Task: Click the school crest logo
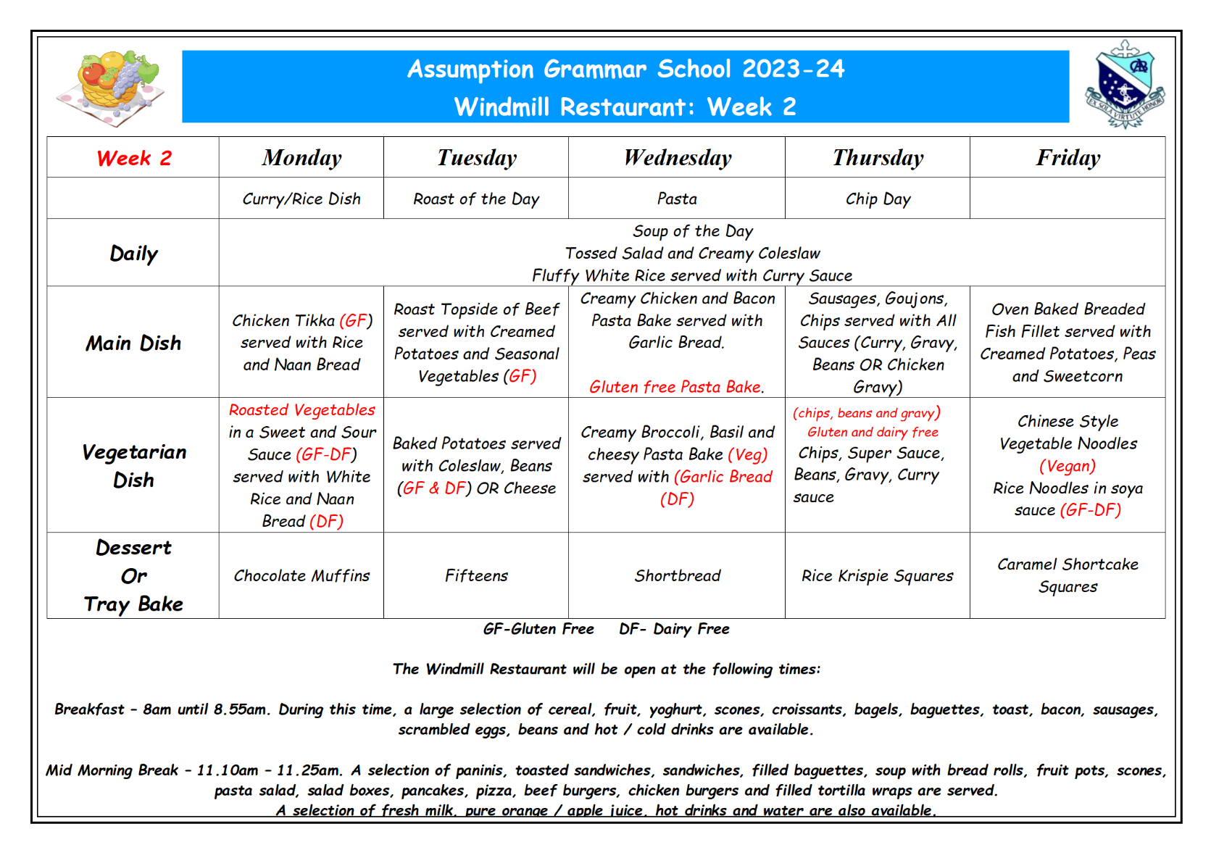point(1124,84)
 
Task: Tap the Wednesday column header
point(678,158)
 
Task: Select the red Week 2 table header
point(134,158)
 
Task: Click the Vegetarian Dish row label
point(134,466)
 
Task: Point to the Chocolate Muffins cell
point(301,576)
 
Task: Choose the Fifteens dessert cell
point(476,576)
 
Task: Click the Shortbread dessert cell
point(678,576)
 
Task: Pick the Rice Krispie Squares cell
point(877,576)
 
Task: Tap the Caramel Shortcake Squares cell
point(1068,575)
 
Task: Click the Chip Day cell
point(878,199)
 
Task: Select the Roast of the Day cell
point(476,199)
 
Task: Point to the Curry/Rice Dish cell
point(301,199)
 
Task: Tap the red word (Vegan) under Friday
point(1068,466)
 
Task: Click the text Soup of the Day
point(693,231)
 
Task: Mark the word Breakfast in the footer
point(89,709)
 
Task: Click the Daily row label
point(134,254)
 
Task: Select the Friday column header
point(1068,158)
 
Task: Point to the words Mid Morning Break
point(112,770)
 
